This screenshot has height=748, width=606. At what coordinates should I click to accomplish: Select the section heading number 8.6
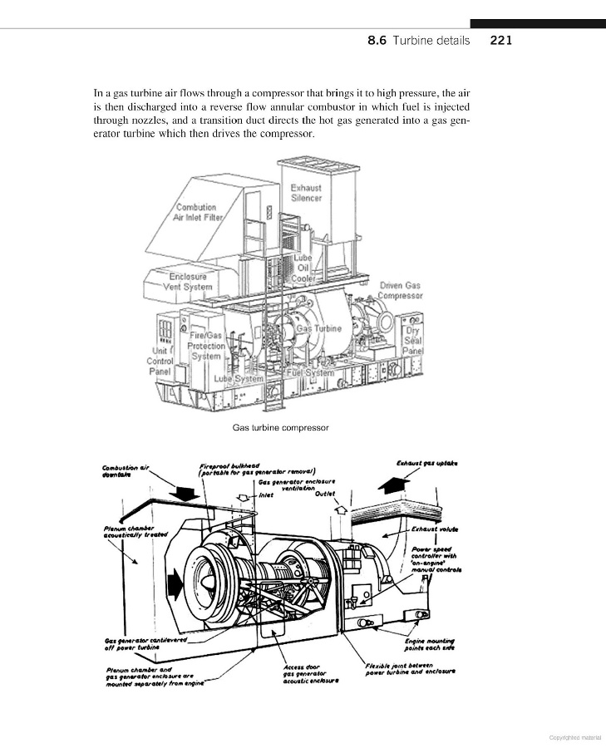[x=377, y=40]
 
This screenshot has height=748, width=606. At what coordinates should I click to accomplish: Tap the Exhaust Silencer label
[x=306, y=193]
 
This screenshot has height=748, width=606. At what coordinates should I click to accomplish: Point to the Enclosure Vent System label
[x=188, y=282]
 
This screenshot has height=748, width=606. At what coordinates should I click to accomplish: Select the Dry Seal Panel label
[x=412, y=340]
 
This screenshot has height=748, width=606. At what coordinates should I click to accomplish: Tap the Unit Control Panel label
[x=160, y=361]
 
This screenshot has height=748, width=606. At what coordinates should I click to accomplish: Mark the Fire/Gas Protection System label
[x=205, y=345]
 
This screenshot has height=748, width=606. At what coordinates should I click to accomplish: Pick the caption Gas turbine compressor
[x=281, y=428]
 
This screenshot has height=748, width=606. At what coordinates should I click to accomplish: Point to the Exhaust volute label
[x=436, y=528]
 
